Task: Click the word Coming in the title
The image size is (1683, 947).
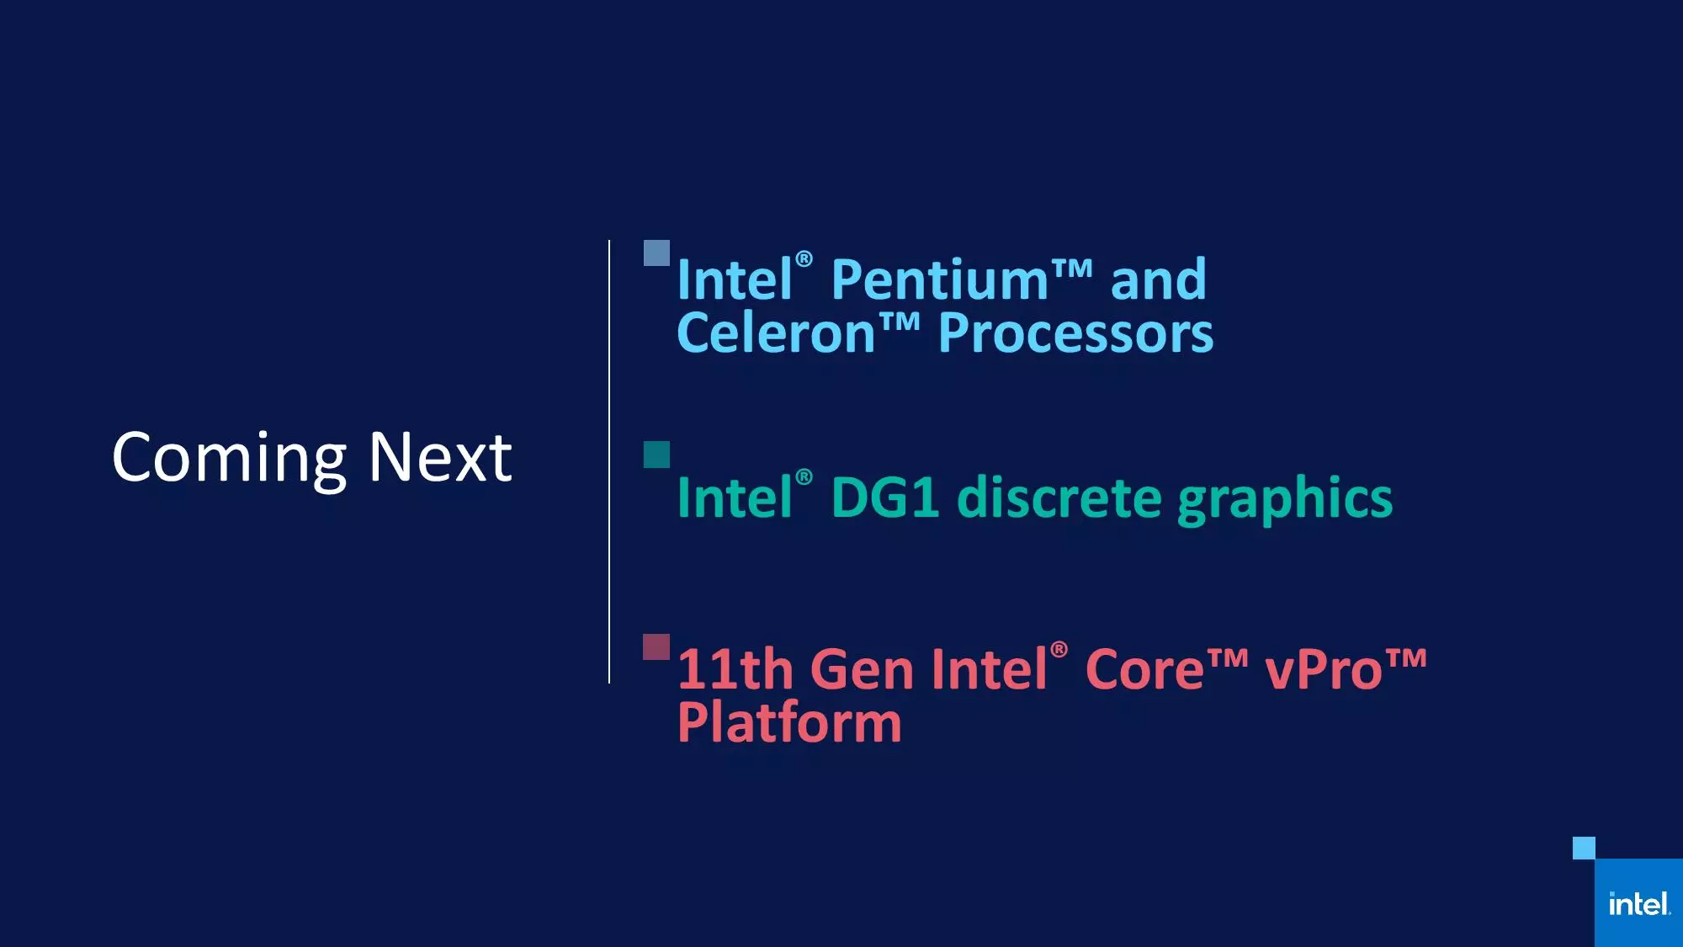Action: tap(229, 460)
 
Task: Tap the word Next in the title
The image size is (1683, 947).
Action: tap(440, 457)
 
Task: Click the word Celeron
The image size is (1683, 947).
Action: tap(776, 333)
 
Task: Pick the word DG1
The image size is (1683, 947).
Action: tap(884, 497)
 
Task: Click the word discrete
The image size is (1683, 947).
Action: tap(1059, 497)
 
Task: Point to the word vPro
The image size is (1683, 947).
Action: tap(1324, 669)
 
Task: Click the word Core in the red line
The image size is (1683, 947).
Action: tap(1144, 669)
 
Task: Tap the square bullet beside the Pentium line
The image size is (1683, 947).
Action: tap(656, 253)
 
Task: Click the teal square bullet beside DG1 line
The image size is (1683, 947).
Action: tap(656, 455)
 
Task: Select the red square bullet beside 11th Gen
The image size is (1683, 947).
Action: tap(656, 647)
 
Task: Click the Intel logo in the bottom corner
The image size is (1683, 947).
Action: tap(1638, 903)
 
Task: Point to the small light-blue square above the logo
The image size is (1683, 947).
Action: tap(1584, 848)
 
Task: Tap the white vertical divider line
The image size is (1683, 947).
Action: tap(609, 461)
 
